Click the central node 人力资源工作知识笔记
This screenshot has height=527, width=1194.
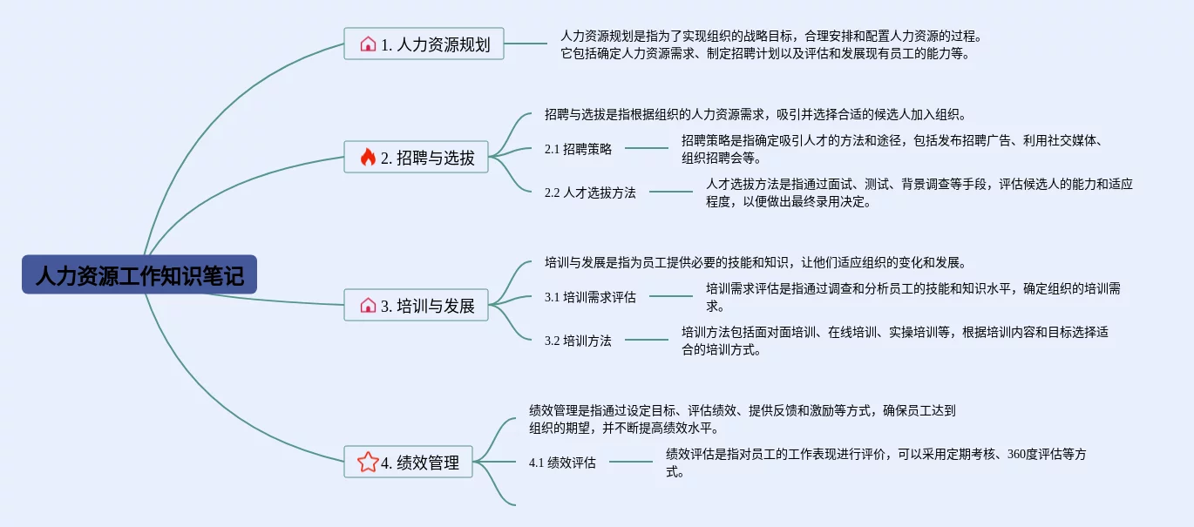139,274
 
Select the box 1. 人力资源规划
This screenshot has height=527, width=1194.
424,44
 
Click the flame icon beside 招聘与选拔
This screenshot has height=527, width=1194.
368,157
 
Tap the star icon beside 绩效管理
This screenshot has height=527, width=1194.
368,462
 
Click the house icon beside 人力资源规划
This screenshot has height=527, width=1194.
368,44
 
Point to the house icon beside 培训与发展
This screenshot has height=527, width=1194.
368,305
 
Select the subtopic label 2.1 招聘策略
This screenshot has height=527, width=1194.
578,149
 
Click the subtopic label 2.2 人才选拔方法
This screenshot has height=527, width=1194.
590,193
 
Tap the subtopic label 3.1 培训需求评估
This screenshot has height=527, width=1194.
590,297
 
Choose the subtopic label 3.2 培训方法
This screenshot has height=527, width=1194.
578,341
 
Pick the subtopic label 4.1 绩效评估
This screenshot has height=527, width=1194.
562,463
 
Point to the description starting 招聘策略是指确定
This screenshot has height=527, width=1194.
893,149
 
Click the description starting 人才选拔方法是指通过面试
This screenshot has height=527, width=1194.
919,193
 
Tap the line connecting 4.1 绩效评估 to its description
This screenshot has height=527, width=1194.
630,462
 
